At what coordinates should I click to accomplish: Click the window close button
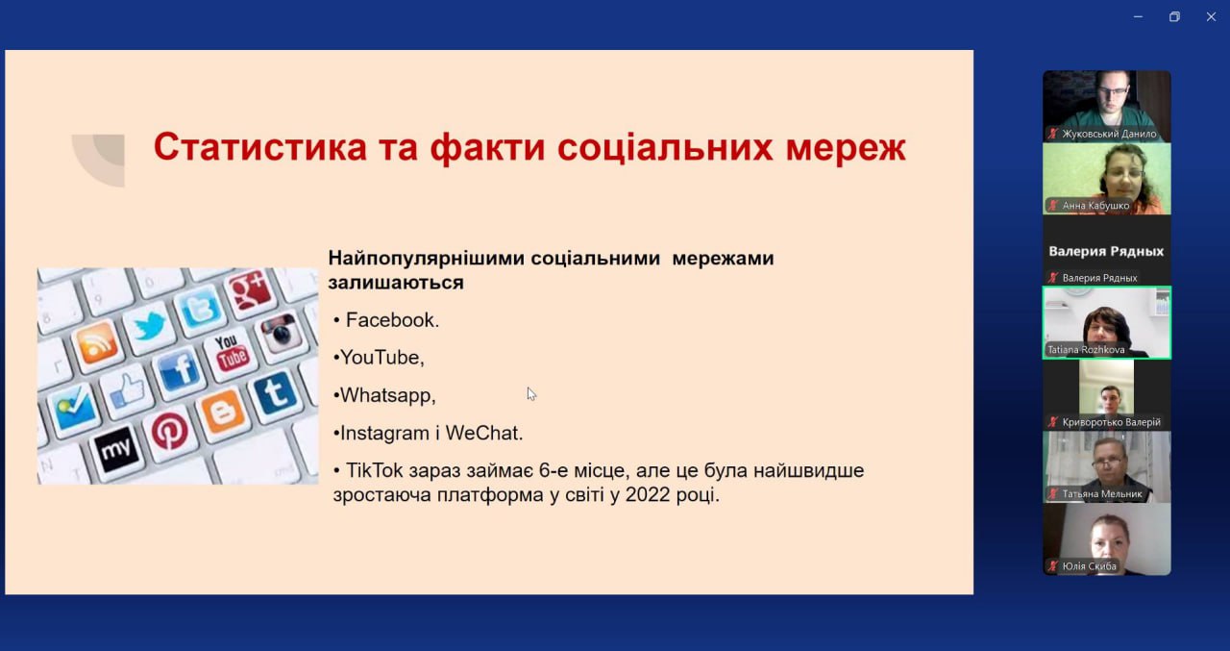click(1211, 17)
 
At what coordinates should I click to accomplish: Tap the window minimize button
click(1138, 17)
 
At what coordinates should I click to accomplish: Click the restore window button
click(1174, 17)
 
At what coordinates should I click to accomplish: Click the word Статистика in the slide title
click(260, 147)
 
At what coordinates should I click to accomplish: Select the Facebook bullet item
click(392, 320)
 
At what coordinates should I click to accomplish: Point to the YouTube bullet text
click(382, 358)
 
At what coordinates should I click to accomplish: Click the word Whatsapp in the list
click(387, 395)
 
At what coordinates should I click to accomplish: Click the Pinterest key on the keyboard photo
click(170, 431)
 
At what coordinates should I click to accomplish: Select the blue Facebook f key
click(179, 369)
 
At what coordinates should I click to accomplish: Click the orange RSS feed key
click(96, 341)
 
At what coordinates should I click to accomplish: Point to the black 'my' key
click(116, 449)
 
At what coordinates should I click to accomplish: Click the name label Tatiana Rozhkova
click(1086, 349)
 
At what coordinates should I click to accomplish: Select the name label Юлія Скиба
click(1089, 565)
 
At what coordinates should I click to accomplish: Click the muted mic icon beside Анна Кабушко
click(1052, 206)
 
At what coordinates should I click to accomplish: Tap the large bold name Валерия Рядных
click(1106, 251)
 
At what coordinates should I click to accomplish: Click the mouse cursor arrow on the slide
click(531, 394)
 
